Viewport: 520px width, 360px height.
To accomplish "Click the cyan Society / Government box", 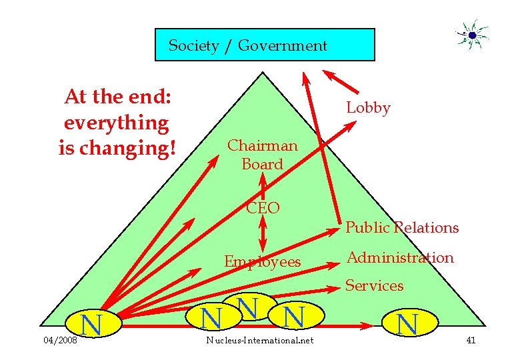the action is (265, 45).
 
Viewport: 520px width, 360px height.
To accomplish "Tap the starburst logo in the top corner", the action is (472, 35).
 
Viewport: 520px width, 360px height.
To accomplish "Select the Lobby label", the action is (368, 108).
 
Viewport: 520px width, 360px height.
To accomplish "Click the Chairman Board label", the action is (262, 155).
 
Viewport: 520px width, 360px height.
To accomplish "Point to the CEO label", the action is (263, 208).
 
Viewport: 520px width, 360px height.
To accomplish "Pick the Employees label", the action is (262, 261).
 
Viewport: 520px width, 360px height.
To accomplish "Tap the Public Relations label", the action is (402, 228).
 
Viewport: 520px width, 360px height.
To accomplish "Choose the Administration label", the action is (399, 257).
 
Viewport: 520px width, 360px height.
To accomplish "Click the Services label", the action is (374, 286).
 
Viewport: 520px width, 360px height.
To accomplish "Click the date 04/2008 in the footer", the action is (59, 341).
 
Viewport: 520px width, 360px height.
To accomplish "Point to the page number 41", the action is (471, 341).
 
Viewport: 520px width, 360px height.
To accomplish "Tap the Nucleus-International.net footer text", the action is (260, 341).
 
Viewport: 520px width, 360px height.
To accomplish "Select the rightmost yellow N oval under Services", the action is (407, 323).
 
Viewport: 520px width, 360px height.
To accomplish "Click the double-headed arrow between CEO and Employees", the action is (263, 235).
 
